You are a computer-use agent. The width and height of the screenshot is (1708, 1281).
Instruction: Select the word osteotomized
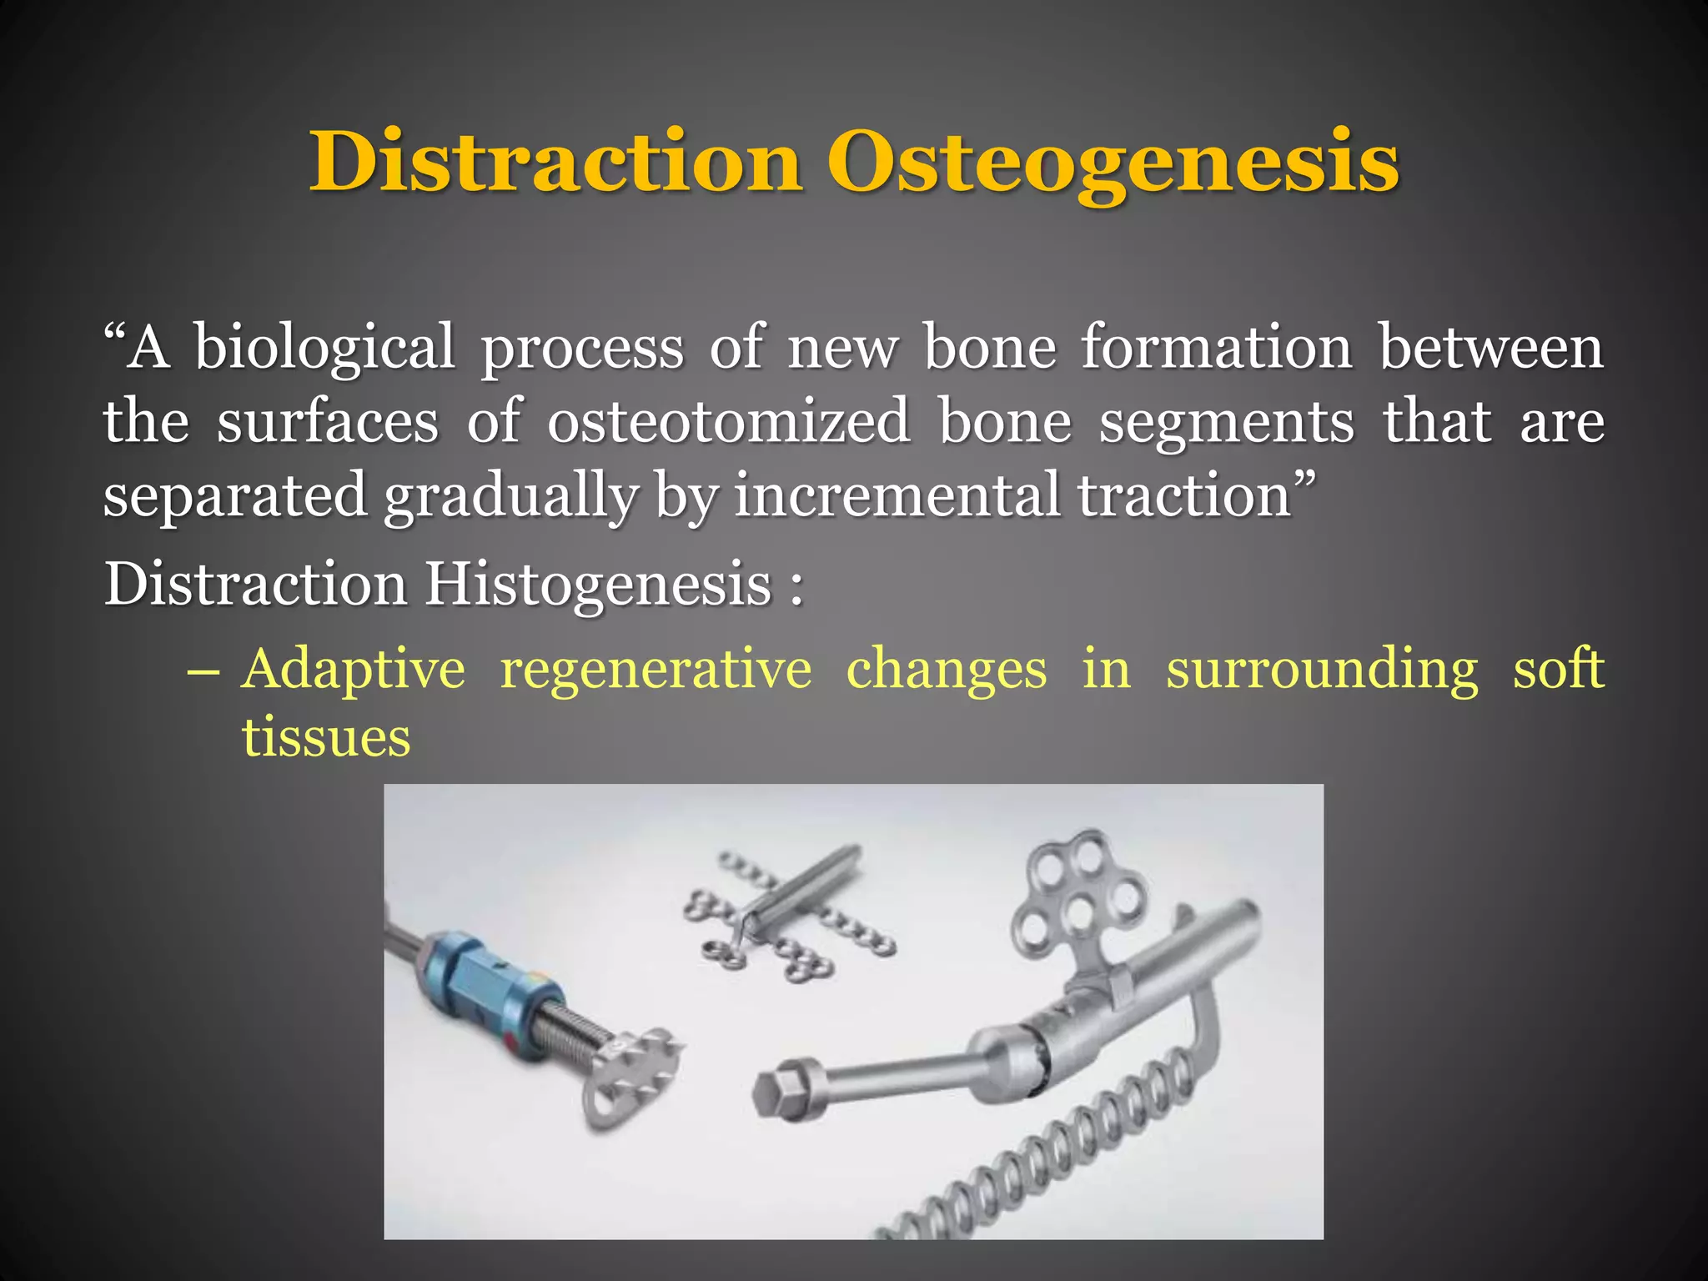(x=728, y=421)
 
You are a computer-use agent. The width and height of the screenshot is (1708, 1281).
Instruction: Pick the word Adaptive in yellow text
(x=353, y=670)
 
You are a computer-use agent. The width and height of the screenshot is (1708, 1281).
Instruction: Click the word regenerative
(x=656, y=670)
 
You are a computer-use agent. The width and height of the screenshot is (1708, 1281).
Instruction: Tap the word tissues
(x=326, y=738)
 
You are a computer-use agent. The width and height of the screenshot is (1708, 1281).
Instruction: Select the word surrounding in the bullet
(x=1321, y=670)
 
